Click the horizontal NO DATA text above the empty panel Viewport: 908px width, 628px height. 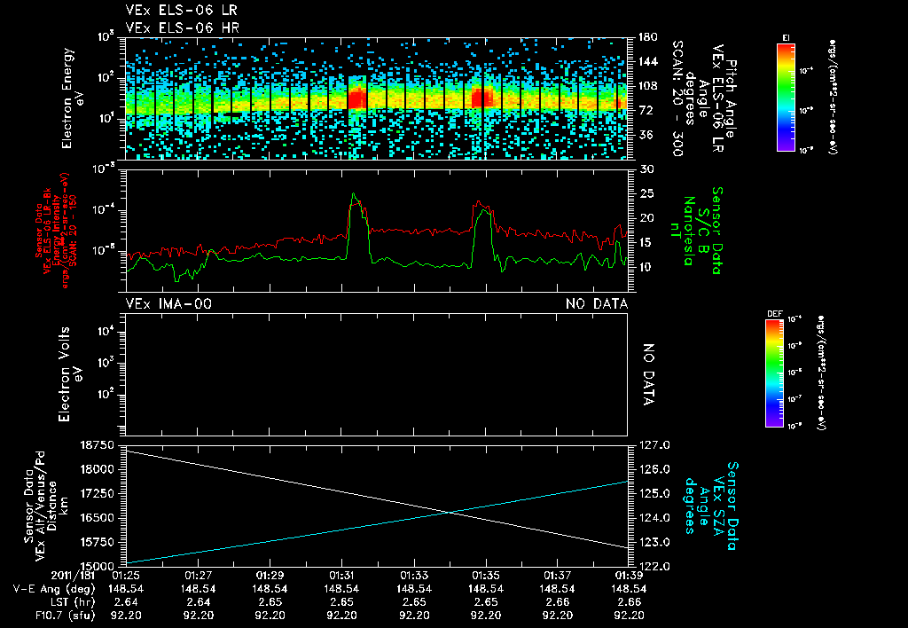pos(597,304)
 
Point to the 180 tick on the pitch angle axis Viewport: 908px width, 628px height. pos(646,37)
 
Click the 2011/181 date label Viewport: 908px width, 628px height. pos(76,575)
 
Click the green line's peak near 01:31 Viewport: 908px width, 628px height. pos(354,193)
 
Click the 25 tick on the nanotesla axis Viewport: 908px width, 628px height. pos(646,193)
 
